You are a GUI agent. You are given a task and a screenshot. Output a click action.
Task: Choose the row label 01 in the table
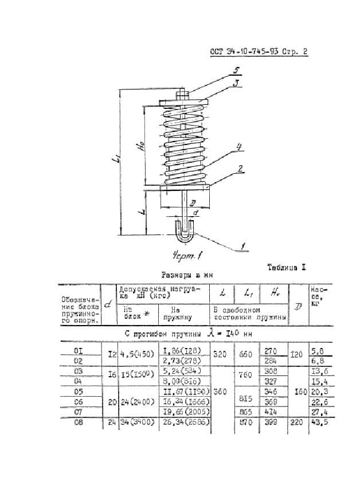click(79, 350)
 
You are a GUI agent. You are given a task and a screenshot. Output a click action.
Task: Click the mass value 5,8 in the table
click(316, 350)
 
